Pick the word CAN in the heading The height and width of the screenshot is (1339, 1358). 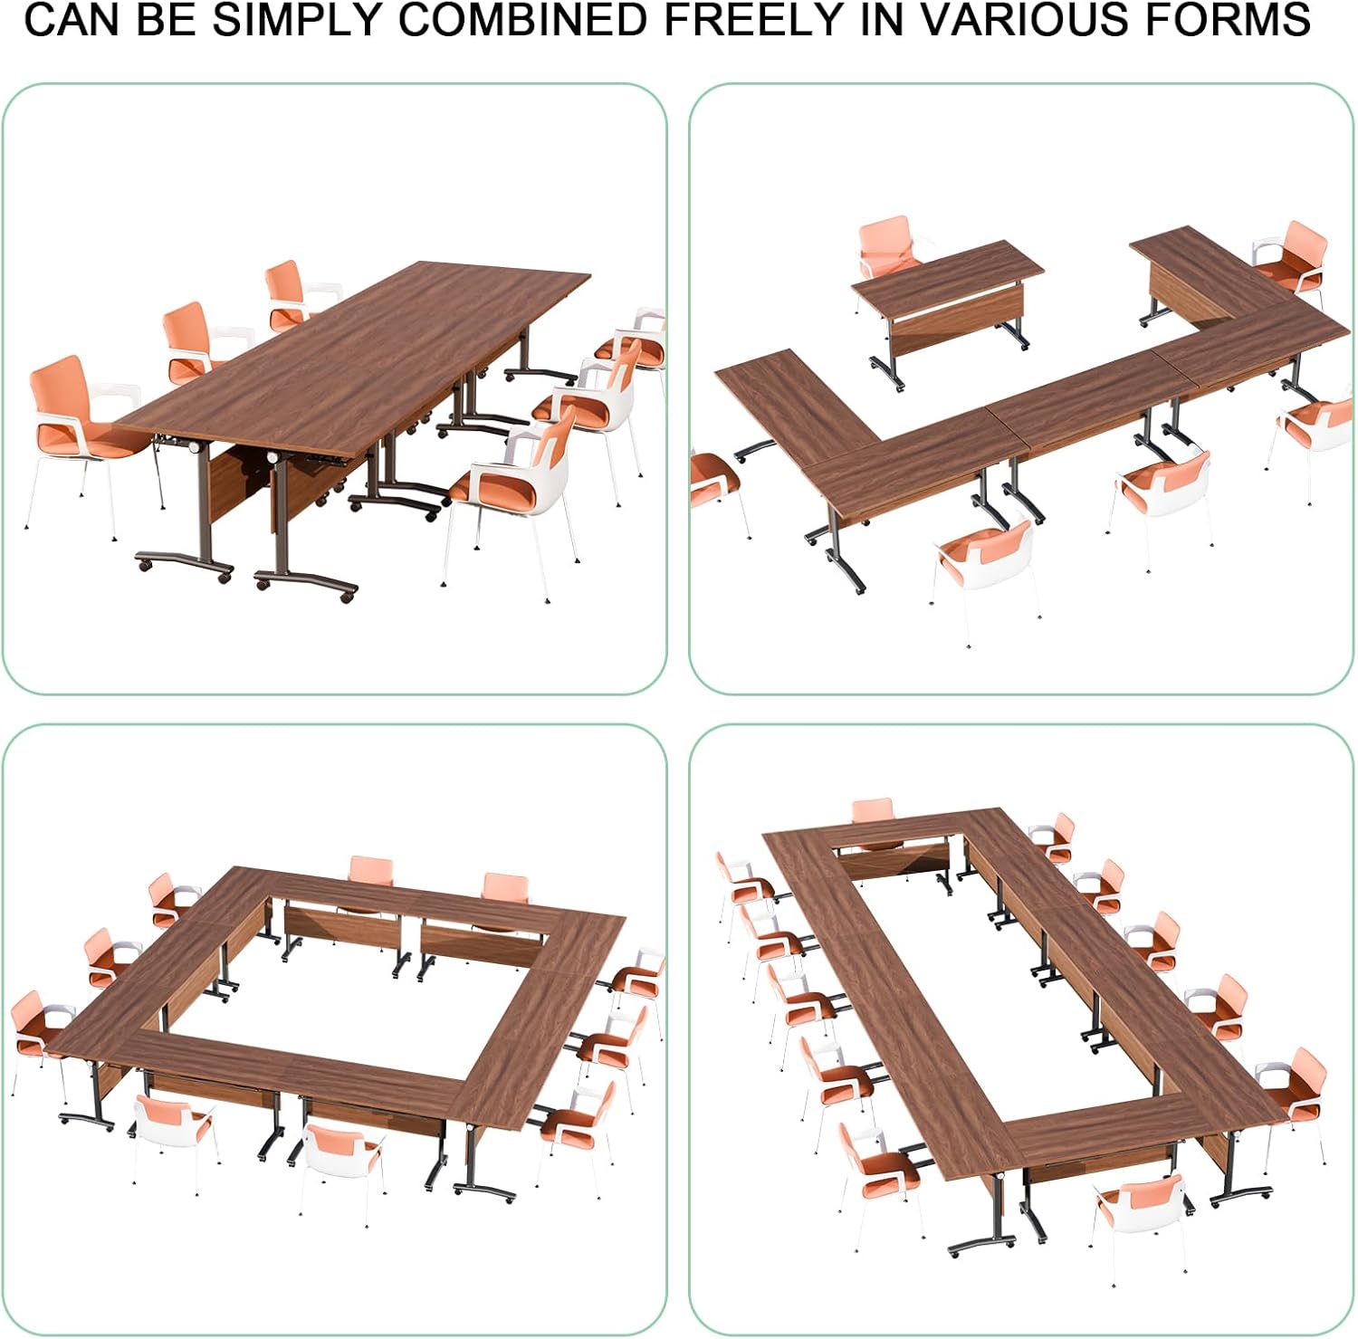coord(74,19)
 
